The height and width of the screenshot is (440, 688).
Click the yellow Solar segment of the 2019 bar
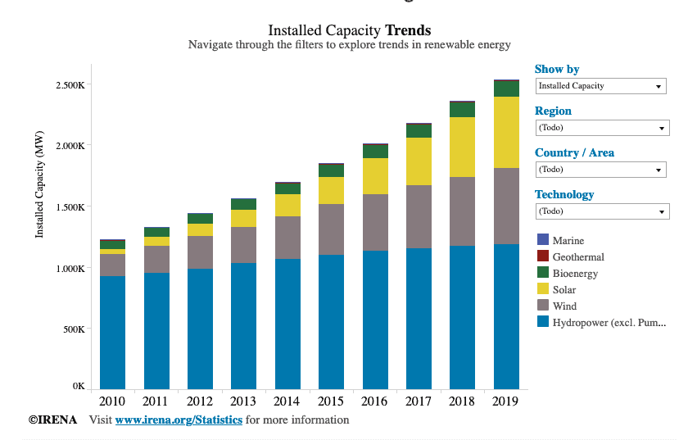[x=506, y=132]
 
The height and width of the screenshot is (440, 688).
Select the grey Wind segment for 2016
[x=375, y=222]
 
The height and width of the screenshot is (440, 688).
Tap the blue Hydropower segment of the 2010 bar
[x=112, y=333]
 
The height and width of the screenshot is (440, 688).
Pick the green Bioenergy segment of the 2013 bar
[x=243, y=204]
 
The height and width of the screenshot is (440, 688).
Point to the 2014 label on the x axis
[x=287, y=401]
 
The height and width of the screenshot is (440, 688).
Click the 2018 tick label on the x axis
[x=462, y=401]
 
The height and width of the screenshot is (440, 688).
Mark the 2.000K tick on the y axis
[x=70, y=146]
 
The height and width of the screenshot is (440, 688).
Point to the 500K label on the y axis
[x=74, y=329]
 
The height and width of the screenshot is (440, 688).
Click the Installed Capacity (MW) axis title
[x=39, y=184]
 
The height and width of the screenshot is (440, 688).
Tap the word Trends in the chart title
[x=408, y=30]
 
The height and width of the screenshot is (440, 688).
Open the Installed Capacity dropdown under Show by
[x=600, y=86]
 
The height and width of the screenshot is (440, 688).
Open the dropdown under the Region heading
[x=603, y=128]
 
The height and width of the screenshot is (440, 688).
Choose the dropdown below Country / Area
[x=600, y=170]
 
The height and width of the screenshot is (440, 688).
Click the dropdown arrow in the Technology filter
[x=662, y=212]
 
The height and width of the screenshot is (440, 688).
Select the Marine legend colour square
[x=543, y=239]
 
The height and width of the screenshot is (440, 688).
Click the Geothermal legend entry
[x=570, y=256]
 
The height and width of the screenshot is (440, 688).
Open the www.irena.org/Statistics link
[x=179, y=420]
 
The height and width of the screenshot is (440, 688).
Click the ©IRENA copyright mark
[x=52, y=420]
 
